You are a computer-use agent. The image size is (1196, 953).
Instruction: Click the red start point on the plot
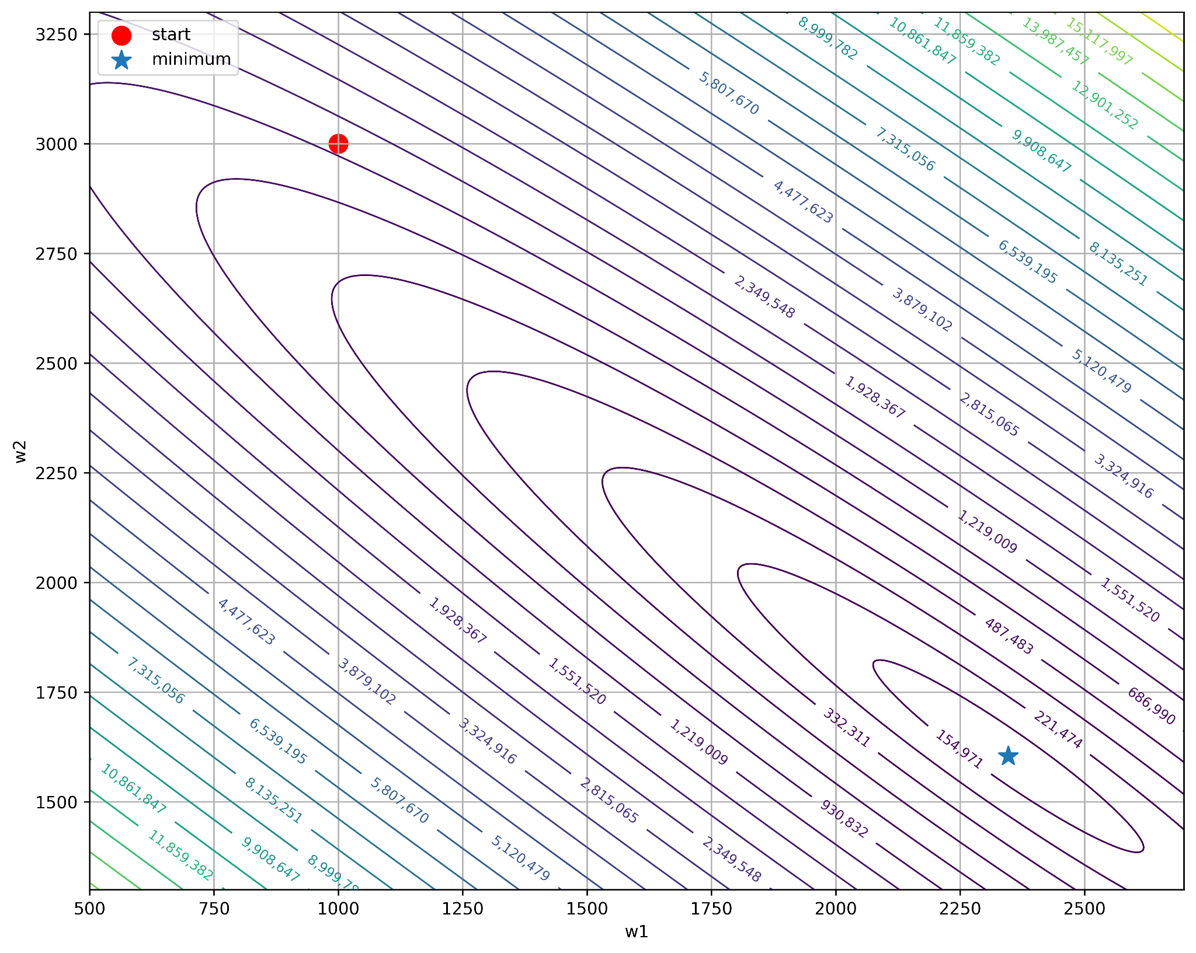338,144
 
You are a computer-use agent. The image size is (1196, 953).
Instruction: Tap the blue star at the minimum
1009,756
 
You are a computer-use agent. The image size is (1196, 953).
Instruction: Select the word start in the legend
171,34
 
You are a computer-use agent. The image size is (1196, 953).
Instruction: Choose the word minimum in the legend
191,60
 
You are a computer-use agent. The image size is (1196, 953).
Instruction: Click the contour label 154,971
959,749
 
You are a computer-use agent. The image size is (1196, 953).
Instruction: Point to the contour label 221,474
1058,729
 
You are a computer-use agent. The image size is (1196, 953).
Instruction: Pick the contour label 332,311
846,727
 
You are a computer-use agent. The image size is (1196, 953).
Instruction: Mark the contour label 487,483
1009,636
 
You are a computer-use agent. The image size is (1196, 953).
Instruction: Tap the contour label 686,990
1150,706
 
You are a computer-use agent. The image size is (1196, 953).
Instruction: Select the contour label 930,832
844,819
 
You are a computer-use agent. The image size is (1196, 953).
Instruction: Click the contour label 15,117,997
1099,41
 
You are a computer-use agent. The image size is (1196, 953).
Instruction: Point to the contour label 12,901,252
1104,105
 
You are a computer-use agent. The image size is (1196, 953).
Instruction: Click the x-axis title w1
637,932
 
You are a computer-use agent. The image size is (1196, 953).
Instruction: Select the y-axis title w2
20,452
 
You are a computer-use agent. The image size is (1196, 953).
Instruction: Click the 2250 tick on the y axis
56,473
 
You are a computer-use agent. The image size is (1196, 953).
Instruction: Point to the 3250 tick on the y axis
56,34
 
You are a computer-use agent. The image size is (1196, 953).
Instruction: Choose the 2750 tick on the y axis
56,254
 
